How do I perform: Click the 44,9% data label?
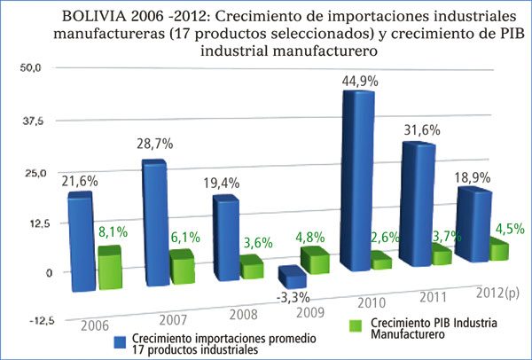pyautogui.click(x=359, y=81)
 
